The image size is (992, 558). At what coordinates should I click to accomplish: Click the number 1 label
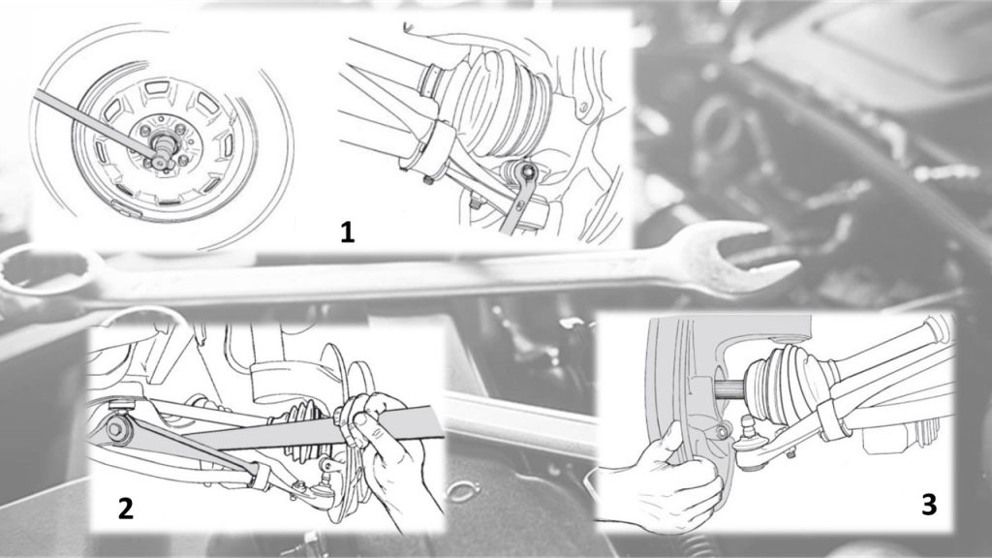348,232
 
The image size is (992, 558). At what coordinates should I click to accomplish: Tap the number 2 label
126,508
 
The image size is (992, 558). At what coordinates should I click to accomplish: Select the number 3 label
929,505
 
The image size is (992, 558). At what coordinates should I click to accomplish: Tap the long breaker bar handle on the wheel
95,120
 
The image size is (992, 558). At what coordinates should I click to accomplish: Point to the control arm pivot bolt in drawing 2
117,427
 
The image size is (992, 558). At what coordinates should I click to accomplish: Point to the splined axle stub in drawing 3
730,388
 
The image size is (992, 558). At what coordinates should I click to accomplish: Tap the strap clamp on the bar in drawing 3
830,418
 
